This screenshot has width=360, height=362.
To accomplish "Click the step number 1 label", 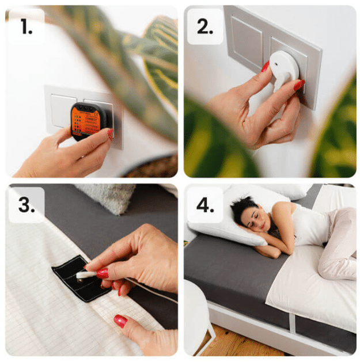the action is (x=26, y=26).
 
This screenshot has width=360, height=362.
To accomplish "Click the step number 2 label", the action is (x=204, y=26).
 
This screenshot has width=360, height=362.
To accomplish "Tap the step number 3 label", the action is (x=26, y=204).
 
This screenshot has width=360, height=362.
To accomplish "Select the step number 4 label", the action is (x=205, y=204).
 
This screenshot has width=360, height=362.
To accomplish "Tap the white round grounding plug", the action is (x=284, y=69).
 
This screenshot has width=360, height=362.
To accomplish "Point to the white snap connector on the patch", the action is (x=86, y=275).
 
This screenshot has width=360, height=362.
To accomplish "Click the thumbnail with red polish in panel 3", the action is (x=120, y=321).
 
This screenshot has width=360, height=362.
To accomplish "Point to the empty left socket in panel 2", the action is (x=246, y=41).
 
